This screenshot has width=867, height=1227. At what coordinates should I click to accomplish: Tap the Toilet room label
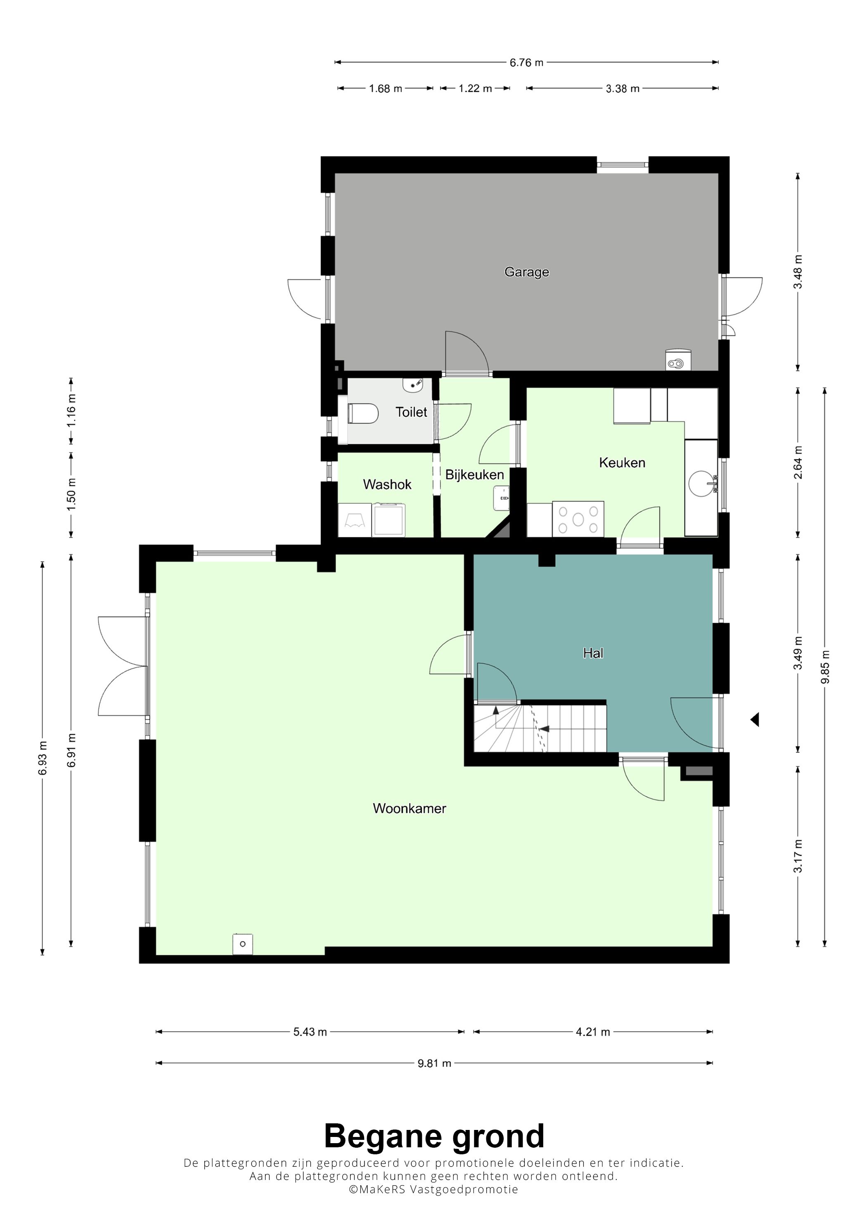(411, 412)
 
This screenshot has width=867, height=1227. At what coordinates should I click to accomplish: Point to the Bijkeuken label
(474, 475)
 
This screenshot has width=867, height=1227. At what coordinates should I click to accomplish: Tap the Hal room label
(593, 653)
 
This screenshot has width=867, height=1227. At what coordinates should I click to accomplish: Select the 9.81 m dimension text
(434, 1063)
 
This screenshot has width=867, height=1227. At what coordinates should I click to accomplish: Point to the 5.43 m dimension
(310, 1032)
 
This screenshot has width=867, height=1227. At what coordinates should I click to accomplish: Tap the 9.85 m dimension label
(825, 667)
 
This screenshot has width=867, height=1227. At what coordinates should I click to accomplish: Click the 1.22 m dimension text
(475, 88)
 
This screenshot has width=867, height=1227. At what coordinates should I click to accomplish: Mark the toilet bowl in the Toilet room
(363, 413)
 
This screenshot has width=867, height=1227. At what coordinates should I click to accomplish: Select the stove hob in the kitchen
(578, 519)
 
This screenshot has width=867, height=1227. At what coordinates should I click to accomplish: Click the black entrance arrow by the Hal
(755, 720)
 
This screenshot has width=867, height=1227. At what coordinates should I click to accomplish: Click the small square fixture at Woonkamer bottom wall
(242, 944)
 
